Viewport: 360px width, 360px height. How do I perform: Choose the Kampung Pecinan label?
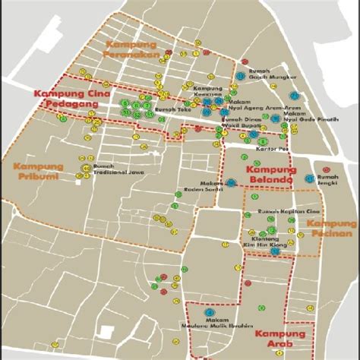tap(331, 229)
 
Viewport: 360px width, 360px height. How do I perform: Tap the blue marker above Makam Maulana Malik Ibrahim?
tap(210, 311)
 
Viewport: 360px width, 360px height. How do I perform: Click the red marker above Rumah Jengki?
tap(326, 169)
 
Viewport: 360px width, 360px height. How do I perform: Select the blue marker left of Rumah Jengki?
tap(310, 179)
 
